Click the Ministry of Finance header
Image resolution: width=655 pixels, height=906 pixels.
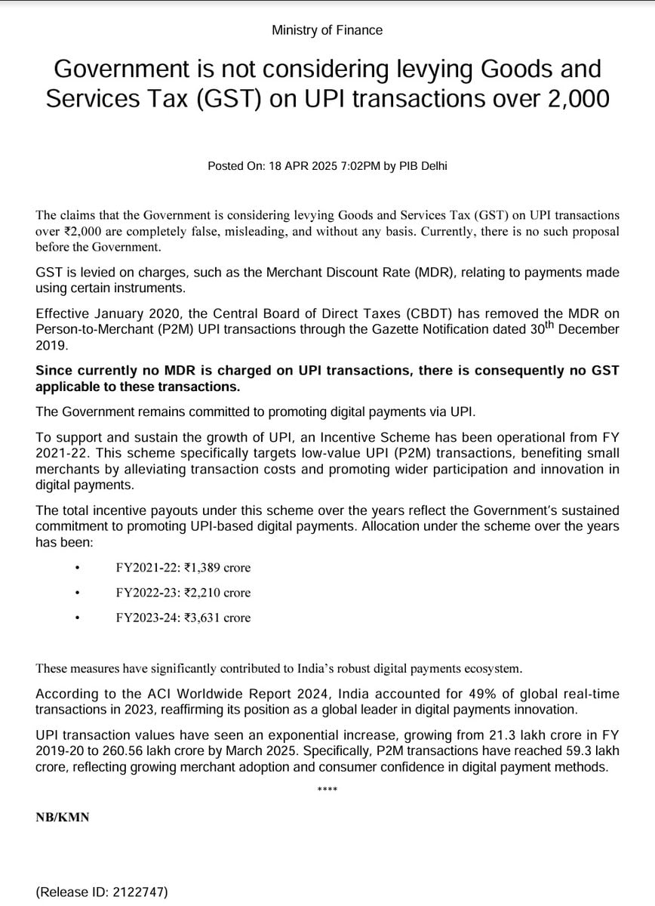click(x=327, y=30)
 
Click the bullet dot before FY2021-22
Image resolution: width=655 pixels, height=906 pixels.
click(x=77, y=569)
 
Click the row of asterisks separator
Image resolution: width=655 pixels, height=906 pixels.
click(x=327, y=790)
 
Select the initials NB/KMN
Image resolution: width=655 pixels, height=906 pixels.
click(x=63, y=817)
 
